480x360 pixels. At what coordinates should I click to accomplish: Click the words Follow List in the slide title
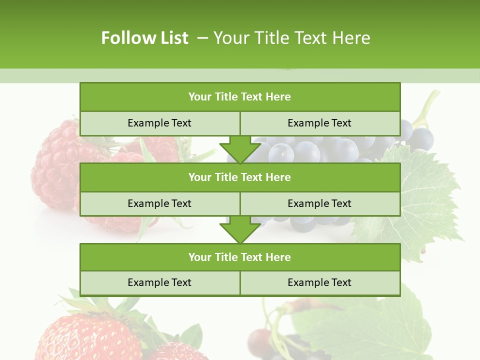pyautogui.click(x=144, y=38)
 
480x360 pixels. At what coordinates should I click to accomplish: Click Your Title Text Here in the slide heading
pyautogui.click(x=291, y=38)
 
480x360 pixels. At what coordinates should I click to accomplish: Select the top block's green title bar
pyautogui.click(x=240, y=97)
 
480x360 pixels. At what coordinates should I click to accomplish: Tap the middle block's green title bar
pyautogui.click(x=240, y=177)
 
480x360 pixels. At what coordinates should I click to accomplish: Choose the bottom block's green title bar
pyautogui.click(x=240, y=257)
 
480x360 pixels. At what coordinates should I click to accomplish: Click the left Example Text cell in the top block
pyautogui.click(x=159, y=123)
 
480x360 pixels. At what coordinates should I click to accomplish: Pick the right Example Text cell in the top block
pyautogui.click(x=320, y=123)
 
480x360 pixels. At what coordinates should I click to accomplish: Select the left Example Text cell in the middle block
pyautogui.click(x=159, y=203)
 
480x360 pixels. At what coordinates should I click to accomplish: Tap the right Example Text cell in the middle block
pyautogui.click(x=320, y=203)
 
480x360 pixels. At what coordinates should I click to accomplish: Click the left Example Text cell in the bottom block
pyautogui.click(x=159, y=282)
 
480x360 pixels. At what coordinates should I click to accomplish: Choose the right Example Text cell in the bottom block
pyautogui.click(x=320, y=282)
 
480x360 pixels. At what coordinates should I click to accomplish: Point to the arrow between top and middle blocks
pyautogui.click(x=240, y=149)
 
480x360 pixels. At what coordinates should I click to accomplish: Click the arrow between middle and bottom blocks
pyautogui.click(x=240, y=230)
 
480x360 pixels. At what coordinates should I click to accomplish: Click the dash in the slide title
pyautogui.click(x=202, y=38)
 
